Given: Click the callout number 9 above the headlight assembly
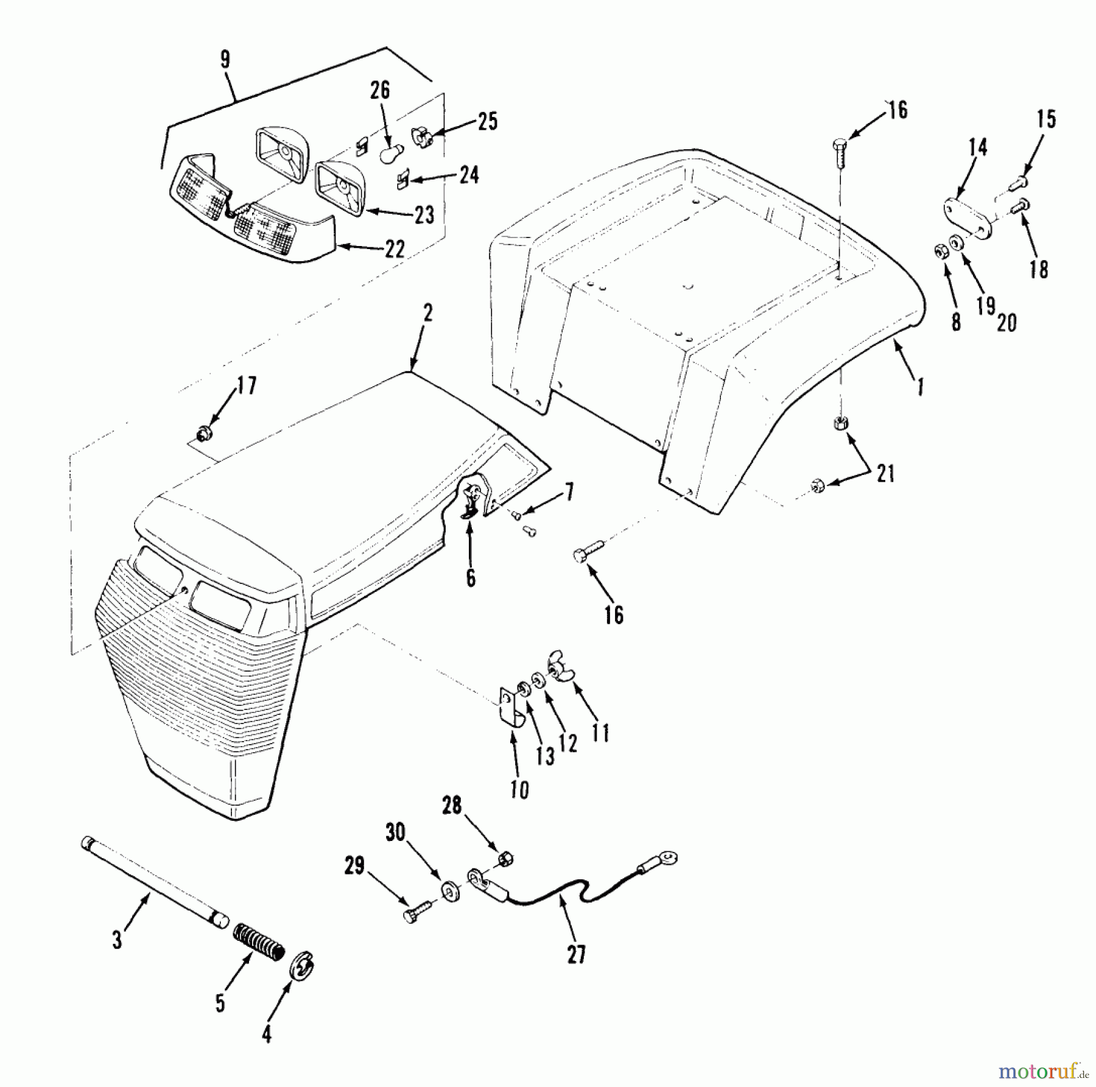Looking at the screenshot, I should [225, 60].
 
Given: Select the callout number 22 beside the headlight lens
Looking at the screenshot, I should [395, 248].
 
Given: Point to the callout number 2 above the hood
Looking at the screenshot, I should [427, 314].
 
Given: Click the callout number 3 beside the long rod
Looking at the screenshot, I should [117, 938].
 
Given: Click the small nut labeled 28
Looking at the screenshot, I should [505, 859].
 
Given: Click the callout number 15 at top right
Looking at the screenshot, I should [1045, 119].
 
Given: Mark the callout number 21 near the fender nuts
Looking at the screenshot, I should [885, 473].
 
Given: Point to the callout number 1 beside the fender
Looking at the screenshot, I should [921, 386].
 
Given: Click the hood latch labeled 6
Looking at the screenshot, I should [471, 496].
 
